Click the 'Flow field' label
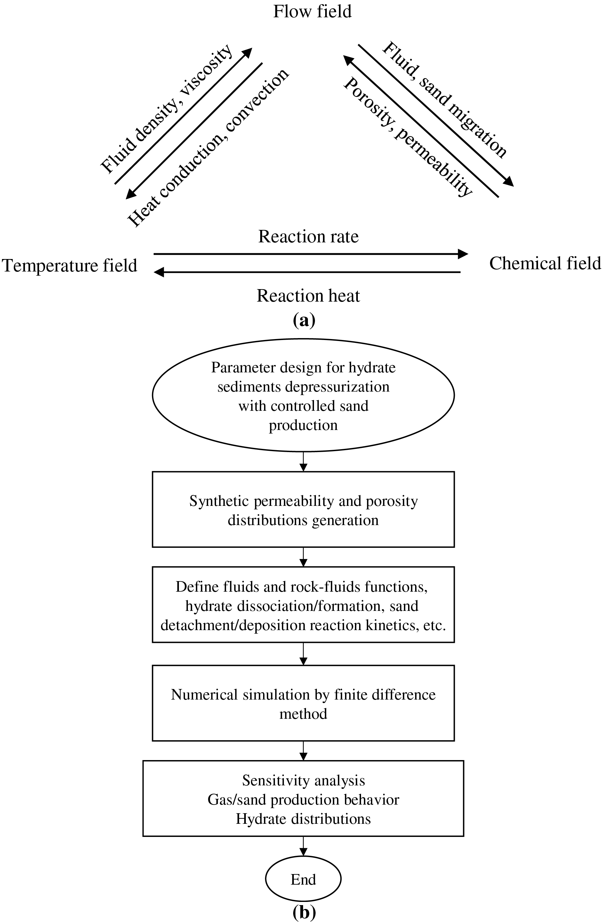coord(312,12)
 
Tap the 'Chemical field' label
coord(545,263)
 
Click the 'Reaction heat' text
coord(308,296)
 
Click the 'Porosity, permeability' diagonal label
coord(408,137)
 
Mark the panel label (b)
coord(304,913)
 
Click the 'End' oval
coord(303,879)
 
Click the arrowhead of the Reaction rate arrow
coord(463,254)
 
